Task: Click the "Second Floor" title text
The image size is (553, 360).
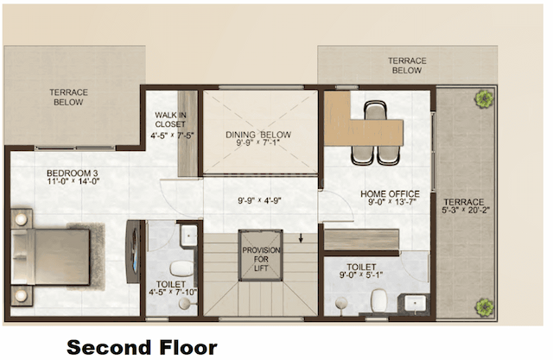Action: click(142, 347)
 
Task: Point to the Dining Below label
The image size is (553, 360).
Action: click(258, 135)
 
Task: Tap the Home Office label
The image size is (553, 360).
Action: click(390, 193)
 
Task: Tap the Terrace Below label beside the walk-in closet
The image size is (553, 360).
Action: click(67, 96)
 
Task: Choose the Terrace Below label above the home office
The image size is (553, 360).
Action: click(406, 66)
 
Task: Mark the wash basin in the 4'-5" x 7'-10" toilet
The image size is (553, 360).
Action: click(188, 235)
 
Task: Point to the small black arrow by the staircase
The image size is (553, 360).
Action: click(300, 238)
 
